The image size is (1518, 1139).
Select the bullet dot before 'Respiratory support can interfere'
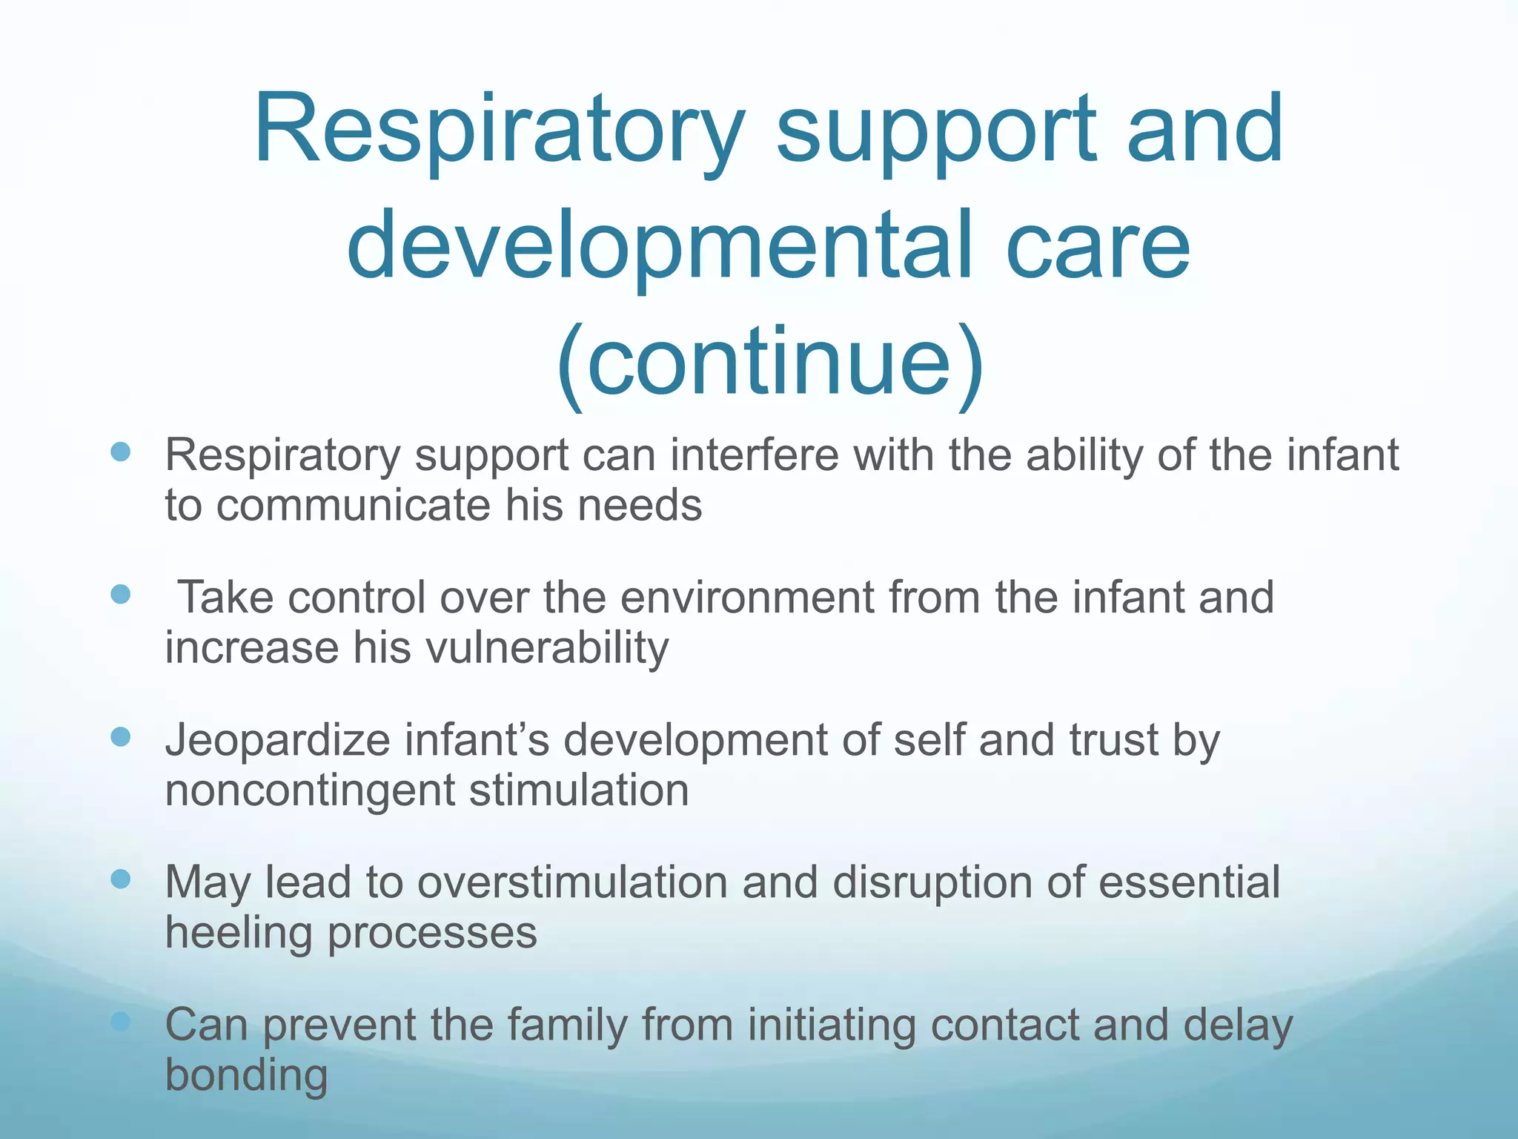click(x=120, y=452)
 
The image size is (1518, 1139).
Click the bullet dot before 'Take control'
click(x=120, y=594)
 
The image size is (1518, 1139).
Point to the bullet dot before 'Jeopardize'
click(x=120, y=736)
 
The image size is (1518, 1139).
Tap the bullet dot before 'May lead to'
click(x=120, y=879)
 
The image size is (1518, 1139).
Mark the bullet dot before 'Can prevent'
click(x=120, y=1022)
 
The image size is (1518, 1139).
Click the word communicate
click(x=353, y=506)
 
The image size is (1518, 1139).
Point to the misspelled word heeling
click(x=238, y=933)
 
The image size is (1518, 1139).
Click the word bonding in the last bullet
click(x=246, y=1075)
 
